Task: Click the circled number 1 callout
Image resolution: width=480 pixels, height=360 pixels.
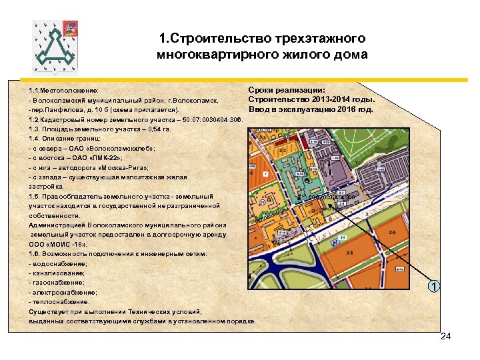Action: (434, 286)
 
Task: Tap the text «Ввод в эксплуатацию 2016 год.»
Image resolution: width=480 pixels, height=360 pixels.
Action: (311, 109)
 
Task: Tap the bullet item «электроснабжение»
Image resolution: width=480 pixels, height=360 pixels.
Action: (63, 292)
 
